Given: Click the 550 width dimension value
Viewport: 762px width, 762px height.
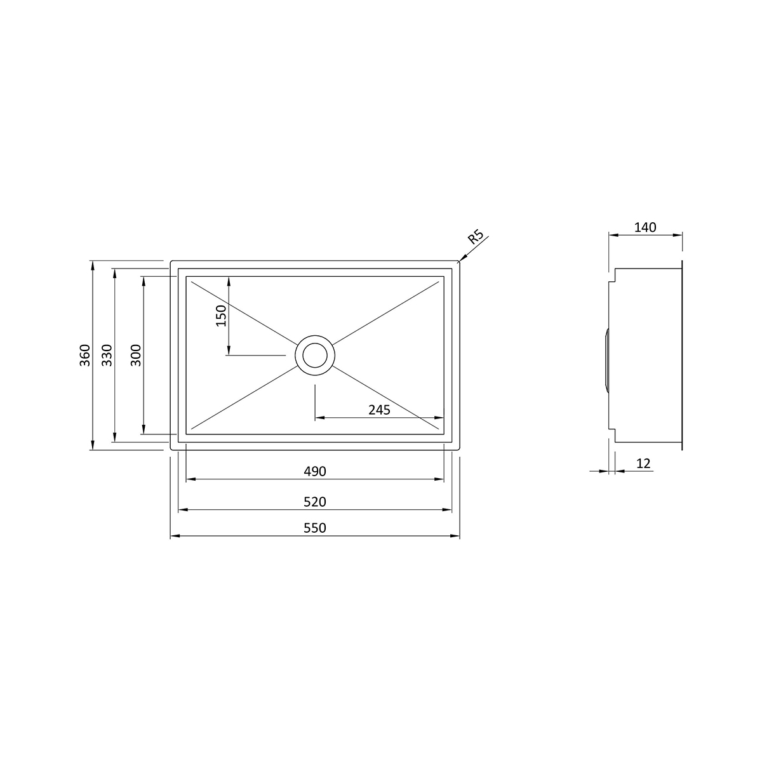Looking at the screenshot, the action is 315,528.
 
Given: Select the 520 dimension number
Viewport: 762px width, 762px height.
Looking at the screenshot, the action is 315,502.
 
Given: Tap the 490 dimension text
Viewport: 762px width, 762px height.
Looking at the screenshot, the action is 315,471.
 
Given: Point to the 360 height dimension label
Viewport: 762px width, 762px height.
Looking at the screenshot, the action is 85,355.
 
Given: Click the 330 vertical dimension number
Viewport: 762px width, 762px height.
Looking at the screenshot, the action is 107,355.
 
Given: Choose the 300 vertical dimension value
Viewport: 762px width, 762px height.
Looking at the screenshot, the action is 136,355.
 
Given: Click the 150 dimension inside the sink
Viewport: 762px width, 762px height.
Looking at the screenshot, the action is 222,316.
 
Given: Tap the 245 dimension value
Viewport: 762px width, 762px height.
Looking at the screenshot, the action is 379,410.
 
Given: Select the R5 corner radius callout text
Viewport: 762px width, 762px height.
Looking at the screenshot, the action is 476,237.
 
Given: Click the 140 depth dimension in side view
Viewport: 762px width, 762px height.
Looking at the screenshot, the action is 645,227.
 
